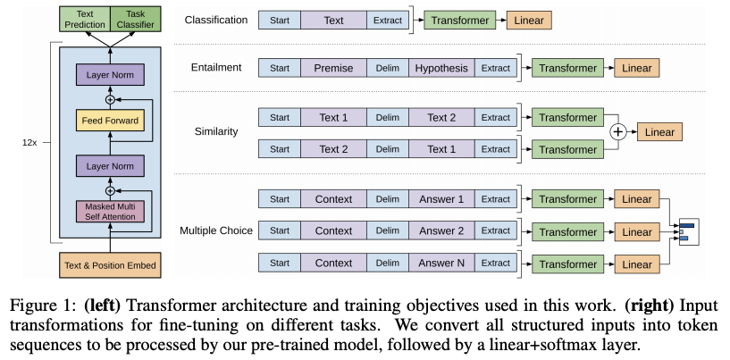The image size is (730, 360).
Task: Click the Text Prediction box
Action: (84, 20)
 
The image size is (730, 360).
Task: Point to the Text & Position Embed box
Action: (110, 264)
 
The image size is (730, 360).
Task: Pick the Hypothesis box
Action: (441, 68)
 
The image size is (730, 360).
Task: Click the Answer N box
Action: (441, 264)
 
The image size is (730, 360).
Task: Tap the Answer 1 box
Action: (441, 198)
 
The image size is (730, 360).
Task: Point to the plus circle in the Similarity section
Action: (617, 132)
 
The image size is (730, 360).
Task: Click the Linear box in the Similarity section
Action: (659, 132)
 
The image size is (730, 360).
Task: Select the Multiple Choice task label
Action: (215, 231)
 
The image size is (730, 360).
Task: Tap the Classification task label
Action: (214, 19)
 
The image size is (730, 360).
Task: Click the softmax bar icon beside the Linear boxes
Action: (687, 231)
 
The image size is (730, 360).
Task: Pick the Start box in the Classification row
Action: (279, 19)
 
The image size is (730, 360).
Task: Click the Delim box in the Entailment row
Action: (387, 68)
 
